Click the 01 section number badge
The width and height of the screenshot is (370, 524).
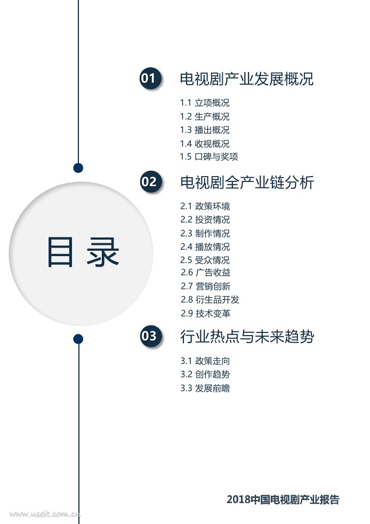(149, 79)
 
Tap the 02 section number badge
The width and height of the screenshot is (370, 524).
(149, 182)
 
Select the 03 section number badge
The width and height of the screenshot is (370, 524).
(149, 336)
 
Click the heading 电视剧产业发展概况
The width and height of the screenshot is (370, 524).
(247, 79)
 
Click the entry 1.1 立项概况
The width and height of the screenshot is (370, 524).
(205, 103)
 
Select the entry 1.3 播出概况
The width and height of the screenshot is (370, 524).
(205, 130)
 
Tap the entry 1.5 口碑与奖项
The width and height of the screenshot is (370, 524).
(209, 157)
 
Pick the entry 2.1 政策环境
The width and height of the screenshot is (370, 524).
(205, 206)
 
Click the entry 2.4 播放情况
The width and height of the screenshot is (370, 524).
(205, 247)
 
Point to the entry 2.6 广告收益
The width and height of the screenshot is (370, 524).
(205, 273)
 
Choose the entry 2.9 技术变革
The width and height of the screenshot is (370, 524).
(205, 313)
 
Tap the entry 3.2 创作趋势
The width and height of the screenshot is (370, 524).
(205, 375)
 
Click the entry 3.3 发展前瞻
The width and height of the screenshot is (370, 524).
(205, 388)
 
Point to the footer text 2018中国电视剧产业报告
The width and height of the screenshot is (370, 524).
(283, 499)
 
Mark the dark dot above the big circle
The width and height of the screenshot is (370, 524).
(78, 168)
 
